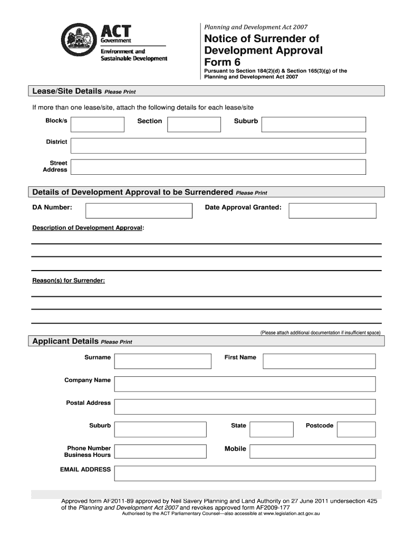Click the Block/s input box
[x=98, y=124]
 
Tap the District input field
[x=218, y=145]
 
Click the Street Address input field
[x=218, y=167]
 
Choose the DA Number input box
[x=139, y=211]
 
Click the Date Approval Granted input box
[x=333, y=211]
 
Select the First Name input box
[x=319, y=361]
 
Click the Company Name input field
[x=245, y=384]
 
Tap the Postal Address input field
[x=245, y=406]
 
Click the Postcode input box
[x=356, y=429]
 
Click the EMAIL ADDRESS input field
[x=245, y=473]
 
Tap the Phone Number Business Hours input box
[x=160, y=452]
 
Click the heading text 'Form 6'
[x=221, y=63]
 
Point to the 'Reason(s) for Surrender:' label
[x=69, y=281]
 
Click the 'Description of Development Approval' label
[x=88, y=228]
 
